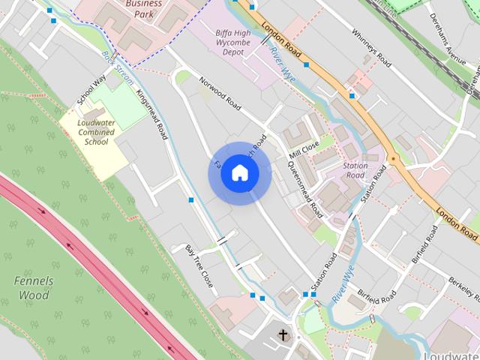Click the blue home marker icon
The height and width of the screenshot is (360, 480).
tap(239, 173)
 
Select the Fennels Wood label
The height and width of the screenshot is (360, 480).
tap(34, 288)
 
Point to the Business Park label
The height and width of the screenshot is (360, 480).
tap(143, 7)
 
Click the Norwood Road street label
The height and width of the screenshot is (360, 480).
tap(219, 94)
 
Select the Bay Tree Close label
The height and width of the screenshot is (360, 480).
tap(199, 265)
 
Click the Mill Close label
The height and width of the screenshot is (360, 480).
tap(304, 149)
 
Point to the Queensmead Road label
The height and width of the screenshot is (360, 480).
tap(305, 187)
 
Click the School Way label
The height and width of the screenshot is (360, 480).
tap(91, 91)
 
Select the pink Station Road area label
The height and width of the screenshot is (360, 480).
tap(355, 170)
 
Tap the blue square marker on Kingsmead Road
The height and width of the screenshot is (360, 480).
tap(192, 200)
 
